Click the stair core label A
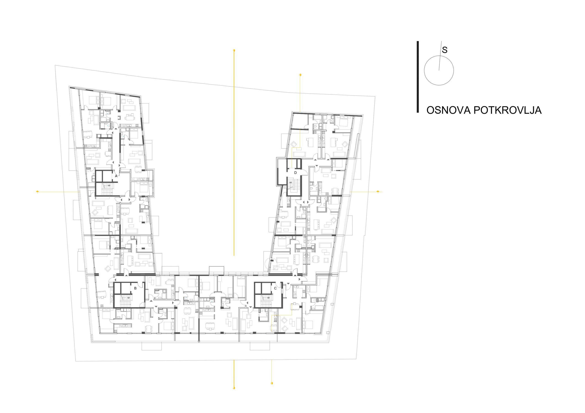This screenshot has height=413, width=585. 116,176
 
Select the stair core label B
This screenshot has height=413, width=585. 135,288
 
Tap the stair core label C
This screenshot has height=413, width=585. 275,288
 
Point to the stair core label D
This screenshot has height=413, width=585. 295,173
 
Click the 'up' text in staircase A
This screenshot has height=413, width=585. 109,185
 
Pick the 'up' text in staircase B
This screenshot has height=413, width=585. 128,297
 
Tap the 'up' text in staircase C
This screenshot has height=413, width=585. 268,297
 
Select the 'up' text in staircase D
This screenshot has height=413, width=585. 290,182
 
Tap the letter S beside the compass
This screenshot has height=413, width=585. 445,50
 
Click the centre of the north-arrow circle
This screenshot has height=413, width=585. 439,71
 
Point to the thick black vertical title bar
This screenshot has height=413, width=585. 417,77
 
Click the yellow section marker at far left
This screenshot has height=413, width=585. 38,192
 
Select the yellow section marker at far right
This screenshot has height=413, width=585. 378,192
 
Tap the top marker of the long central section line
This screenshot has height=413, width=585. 234,50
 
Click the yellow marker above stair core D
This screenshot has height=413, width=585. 300,75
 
